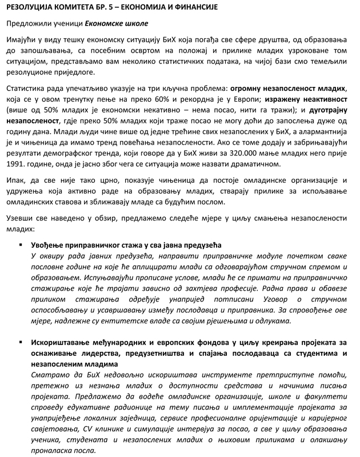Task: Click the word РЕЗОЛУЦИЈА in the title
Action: coord(33,7)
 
